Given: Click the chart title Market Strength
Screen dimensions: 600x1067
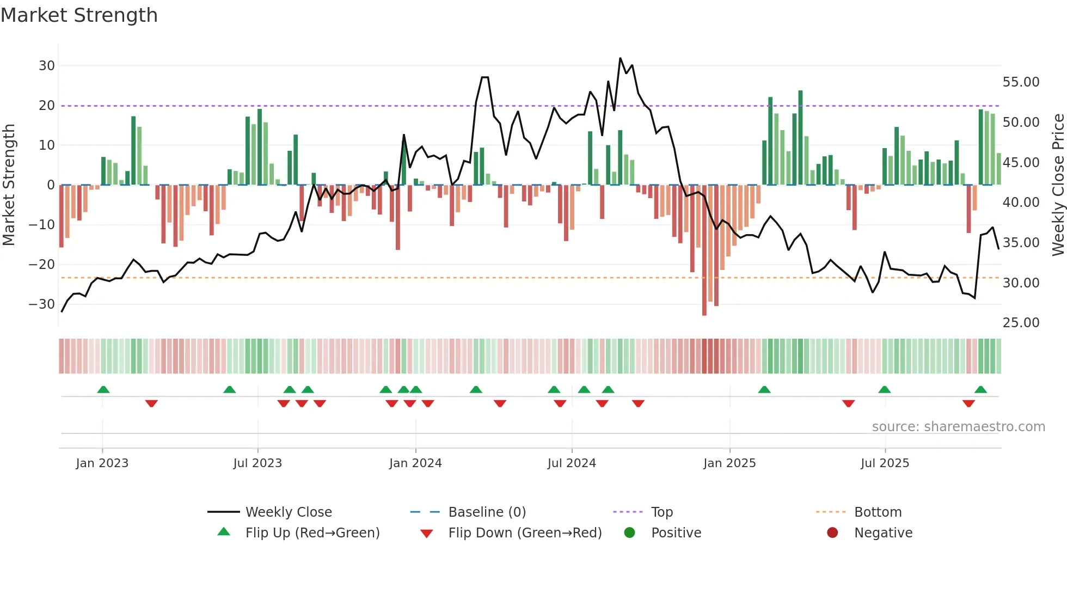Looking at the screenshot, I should coord(79,15).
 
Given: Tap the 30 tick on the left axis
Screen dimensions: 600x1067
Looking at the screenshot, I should coord(47,66).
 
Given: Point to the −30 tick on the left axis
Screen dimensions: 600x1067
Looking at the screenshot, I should coord(42,304).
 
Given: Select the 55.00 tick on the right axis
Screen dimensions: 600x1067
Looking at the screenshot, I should coord(1021,82).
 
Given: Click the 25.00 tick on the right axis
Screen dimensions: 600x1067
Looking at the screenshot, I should coord(1021,323).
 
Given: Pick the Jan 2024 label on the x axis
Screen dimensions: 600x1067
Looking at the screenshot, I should coord(415,463).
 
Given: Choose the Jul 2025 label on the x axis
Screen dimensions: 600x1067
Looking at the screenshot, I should coord(885,463).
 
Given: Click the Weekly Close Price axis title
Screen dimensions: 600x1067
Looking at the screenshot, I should coord(1058,185).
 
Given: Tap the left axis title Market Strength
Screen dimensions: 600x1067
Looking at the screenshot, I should coord(9,185).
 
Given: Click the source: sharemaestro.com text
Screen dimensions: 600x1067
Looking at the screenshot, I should coord(958,427).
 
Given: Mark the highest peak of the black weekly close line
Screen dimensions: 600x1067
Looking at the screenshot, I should coord(620,58).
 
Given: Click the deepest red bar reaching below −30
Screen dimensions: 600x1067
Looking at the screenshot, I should coord(704,250).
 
